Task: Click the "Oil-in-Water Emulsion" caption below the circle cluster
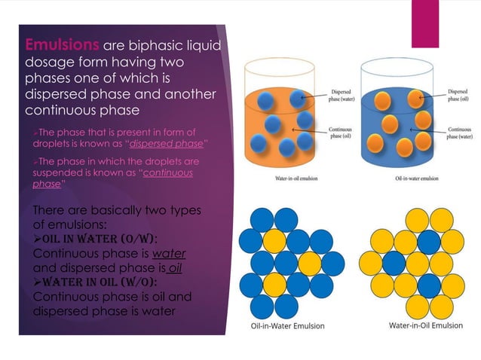(x=288, y=326)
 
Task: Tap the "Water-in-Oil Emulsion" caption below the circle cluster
(x=425, y=325)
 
